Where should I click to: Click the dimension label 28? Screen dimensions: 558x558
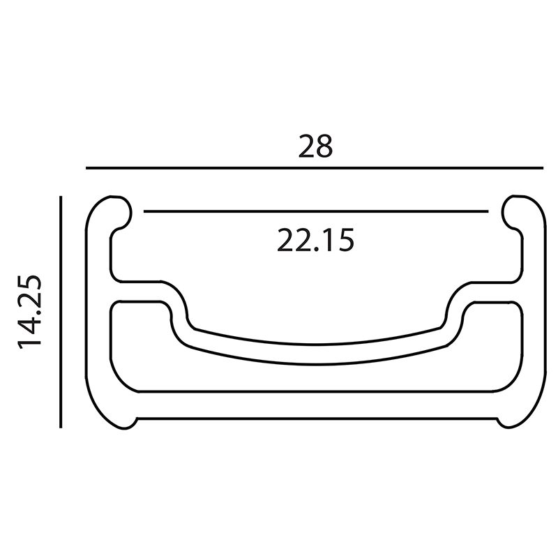pyautogui.click(x=315, y=146)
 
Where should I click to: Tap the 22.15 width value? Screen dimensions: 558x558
pyautogui.click(x=315, y=240)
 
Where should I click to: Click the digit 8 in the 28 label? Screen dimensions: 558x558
pyautogui.click(x=324, y=146)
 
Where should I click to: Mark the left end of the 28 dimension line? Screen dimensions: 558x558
pyautogui.click(x=86, y=167)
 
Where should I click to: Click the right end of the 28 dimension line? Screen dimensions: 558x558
pyautogui.click(x=543, y=167)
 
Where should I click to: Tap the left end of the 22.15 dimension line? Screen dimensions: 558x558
pyautogui.click(x=144, y=211)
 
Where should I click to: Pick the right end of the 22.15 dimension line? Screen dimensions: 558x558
pyautogui.click(x=488, y=211)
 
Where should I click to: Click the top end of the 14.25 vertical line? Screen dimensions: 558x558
pyautogui.click(x=61, y=197)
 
